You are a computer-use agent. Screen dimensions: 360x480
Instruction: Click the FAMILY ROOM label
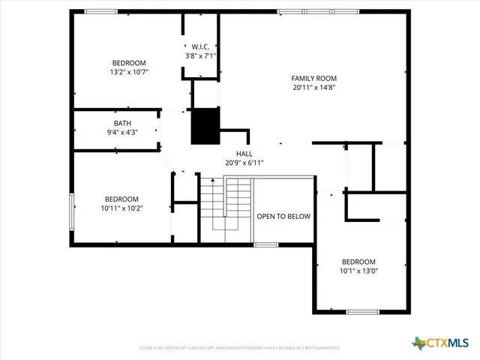(313, 78)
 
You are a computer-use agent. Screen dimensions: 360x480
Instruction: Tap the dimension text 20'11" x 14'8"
(313, 87)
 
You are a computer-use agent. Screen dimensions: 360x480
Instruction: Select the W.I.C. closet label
(200, 46)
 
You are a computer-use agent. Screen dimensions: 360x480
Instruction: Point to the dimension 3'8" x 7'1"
(200, 55)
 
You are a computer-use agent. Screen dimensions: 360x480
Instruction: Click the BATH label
(122, 124)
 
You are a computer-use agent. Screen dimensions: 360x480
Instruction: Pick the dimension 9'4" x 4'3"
(122, 133)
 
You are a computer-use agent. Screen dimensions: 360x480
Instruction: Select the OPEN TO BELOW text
(283, 216)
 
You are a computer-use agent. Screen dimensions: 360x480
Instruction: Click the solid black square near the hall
(205, 126)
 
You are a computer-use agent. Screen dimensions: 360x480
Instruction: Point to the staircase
(225, 206)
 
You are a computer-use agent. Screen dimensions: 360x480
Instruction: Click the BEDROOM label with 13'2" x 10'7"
(129, 63)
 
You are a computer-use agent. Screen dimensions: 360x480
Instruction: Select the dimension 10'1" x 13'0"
(358, 271)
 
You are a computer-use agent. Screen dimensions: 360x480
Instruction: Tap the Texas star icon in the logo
(418, 343)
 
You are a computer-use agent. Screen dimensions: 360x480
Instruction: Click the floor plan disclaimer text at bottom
(240, 348)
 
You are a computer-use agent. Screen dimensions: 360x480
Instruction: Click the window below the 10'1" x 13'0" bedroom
(362, 311)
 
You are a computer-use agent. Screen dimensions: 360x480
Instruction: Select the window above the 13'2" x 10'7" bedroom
(100, 11)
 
